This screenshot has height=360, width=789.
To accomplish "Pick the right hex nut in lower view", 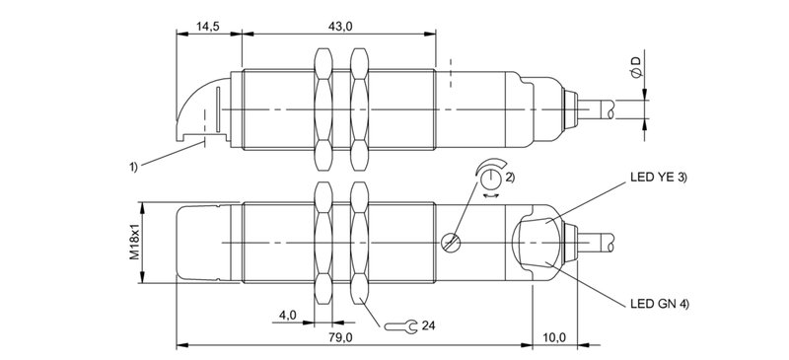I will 361,244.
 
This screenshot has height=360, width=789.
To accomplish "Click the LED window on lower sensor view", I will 536,243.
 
